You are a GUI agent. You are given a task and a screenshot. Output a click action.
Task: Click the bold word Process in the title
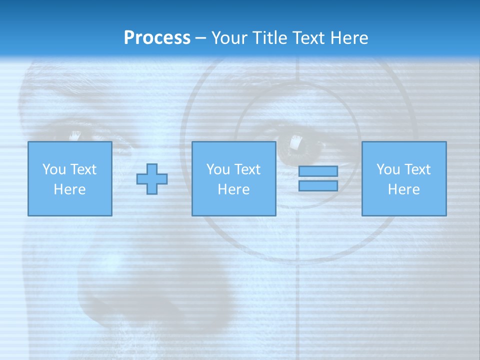tap(157, 38)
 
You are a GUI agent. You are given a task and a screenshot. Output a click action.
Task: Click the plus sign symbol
tap(152, 179)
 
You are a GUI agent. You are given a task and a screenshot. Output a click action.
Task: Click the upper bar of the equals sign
tap(318, 171)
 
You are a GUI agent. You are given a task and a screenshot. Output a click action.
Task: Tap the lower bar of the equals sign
tap(318, 186)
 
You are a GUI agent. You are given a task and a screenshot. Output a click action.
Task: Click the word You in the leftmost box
tap(54, 169)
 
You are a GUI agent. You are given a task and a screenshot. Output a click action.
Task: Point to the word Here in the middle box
tap(233, 189)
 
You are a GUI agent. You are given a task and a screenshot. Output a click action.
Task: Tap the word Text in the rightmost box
tap(418, 169)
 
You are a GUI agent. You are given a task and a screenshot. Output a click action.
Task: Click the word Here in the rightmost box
tap(403, 189)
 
